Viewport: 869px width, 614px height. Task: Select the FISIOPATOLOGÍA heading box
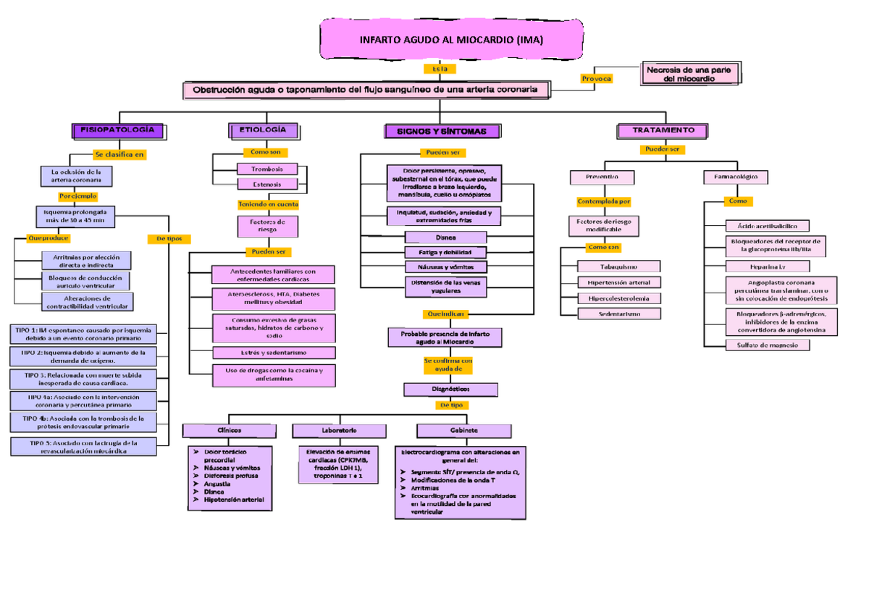pos(122,130)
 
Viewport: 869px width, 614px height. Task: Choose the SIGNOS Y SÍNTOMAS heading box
pos(442,131)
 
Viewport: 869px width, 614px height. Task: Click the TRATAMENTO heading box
pos(663,130)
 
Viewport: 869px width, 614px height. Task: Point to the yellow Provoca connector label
pos(597,78)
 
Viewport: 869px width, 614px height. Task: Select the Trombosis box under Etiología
pos(267,169)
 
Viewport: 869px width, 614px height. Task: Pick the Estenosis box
pos(267,185)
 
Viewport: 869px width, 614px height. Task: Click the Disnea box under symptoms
pos(446,237)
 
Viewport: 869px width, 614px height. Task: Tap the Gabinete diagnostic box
pos(463,431)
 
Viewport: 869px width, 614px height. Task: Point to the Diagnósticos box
pos(450,390)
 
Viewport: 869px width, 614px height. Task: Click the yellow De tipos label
pos(169,238)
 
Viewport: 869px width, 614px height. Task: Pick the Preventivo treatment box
pos(603,177)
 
